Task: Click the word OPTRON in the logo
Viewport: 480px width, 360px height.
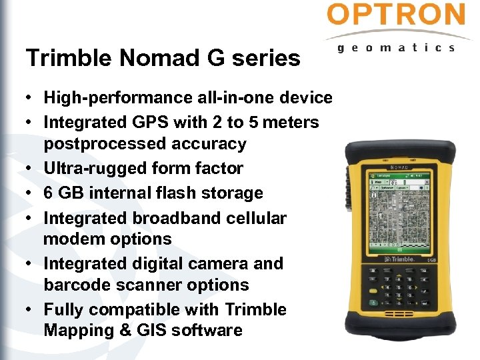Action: tap(396, 15)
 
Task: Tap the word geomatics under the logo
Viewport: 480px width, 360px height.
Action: tap(396, 48)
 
